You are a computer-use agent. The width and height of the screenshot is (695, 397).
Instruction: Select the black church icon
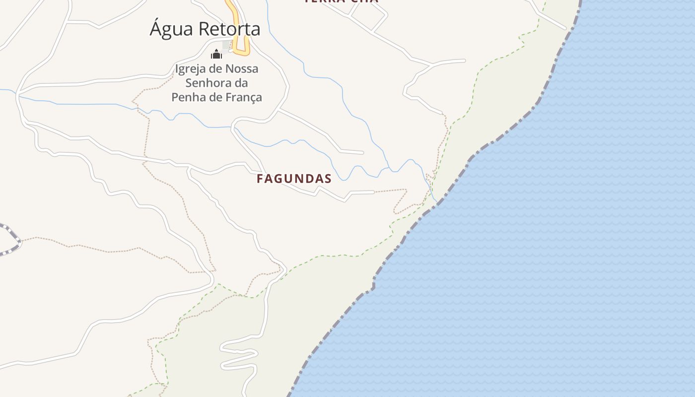tap(216, 54)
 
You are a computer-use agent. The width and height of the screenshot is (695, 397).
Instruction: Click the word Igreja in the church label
tap(191, 68)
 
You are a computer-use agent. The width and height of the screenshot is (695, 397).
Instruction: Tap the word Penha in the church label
tap(188, 97)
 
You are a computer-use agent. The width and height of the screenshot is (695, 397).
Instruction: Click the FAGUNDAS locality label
tap(294, 179)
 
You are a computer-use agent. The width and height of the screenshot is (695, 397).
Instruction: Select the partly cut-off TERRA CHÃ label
tap(342, 1)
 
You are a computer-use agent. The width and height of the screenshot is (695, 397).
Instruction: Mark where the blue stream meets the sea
tap(436, 201)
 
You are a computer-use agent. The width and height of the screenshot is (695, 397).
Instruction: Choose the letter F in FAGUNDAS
tap(260, 179)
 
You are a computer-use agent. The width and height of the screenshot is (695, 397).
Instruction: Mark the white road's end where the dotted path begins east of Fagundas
tap(374, 192)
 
